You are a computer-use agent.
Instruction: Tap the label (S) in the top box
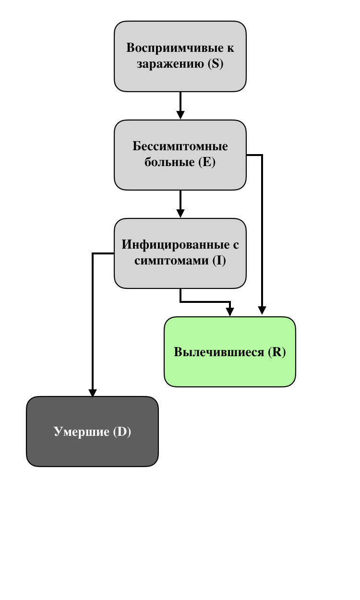coord(216,64)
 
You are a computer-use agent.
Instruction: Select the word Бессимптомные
coord(180,146)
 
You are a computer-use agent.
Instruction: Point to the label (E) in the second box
coord(207,162)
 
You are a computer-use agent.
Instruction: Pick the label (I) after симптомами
coord(219,261)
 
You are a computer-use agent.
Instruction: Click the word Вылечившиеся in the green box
coord(219,352)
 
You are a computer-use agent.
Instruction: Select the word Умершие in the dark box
coord(82,432)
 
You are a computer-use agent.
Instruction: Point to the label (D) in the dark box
coord(122,432)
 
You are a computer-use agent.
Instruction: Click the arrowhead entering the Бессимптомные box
coord(180,115)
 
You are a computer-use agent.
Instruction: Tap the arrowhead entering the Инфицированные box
coord(180,214)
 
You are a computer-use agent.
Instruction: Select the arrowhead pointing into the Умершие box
coord(93,393)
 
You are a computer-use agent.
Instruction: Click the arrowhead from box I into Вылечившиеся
coord(230,312)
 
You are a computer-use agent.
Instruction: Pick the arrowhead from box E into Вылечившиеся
coord(262,311)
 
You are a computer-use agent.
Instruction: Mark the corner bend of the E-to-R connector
coord(262,155)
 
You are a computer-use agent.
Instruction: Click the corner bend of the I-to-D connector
coord(93,253)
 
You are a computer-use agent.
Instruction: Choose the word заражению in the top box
coord(170,64)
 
